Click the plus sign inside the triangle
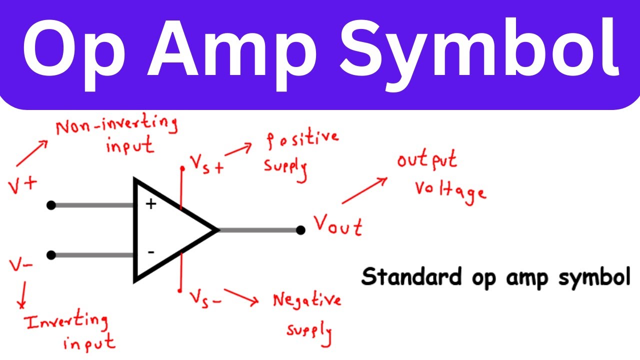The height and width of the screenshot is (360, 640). [150, 204]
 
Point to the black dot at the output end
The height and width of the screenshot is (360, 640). [300, 230]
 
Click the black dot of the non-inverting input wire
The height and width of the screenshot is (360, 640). [50, 205]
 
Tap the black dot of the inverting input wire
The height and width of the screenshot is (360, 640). [50, 255]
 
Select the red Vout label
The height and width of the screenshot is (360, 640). [338, 226]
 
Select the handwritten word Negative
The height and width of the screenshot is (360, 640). [307, 300]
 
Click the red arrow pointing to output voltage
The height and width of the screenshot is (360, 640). [364, 190]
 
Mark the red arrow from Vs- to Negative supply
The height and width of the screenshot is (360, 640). [241, 296]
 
